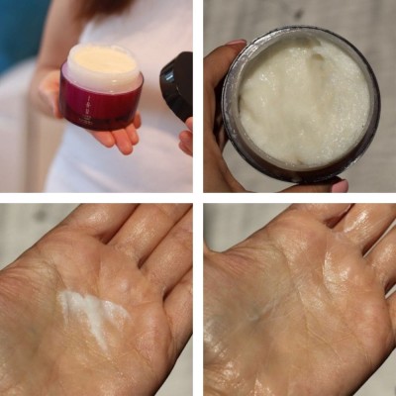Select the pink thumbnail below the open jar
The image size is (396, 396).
click(339, 185)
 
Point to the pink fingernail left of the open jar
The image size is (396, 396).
click(237, 44)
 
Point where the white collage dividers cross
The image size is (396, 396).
click(198, 198)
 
